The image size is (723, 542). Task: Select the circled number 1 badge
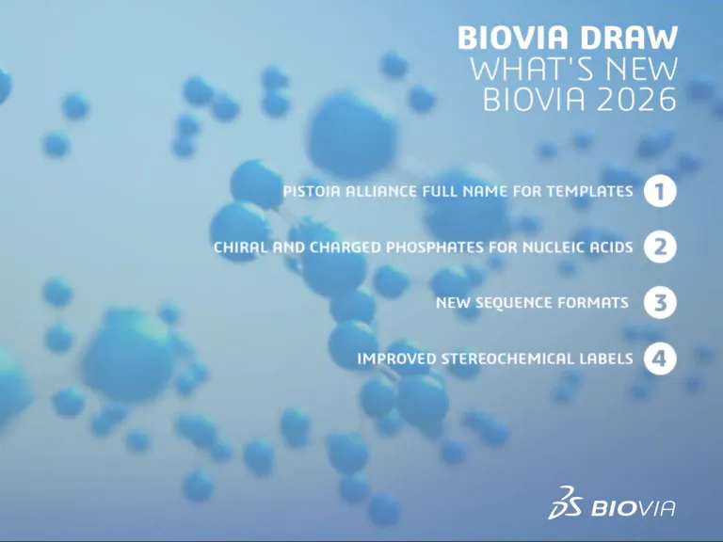(661, 191)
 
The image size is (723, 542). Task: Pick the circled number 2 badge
(661, 247)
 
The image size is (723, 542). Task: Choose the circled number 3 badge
(661, 303)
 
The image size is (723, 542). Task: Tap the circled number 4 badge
(661, 359)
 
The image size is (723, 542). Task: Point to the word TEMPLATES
(591, 192)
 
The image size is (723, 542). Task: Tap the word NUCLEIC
(558, 248)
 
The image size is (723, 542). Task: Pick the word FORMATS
(597, 304)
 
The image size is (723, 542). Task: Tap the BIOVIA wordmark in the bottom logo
(634, 509)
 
